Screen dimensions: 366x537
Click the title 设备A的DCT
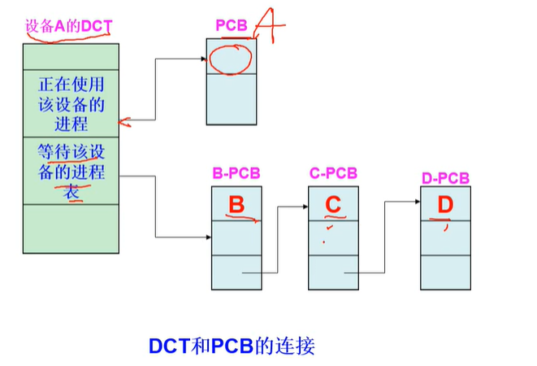pyautogui.click(x=68, y=27)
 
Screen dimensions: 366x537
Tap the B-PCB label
pyautogui.click(x=236, y=173)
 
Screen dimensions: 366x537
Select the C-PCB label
pyautogui.click(x=332, y=173)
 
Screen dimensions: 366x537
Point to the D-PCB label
pyautogui.click(x=444, y=178)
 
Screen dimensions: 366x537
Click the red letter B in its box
pyautogui.click(x=236, y=205)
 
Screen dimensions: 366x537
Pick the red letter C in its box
pyautogui.click(x=333, y=205)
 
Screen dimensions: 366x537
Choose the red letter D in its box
pyautogui.click(x=444, y=205)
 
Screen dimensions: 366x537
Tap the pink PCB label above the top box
pyautogui.click(x=231, y=26)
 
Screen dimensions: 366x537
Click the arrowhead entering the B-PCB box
pyautogui.click(x=209, y=237)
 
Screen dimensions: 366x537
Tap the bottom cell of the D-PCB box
pyautogui.click(x=444, y=272)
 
